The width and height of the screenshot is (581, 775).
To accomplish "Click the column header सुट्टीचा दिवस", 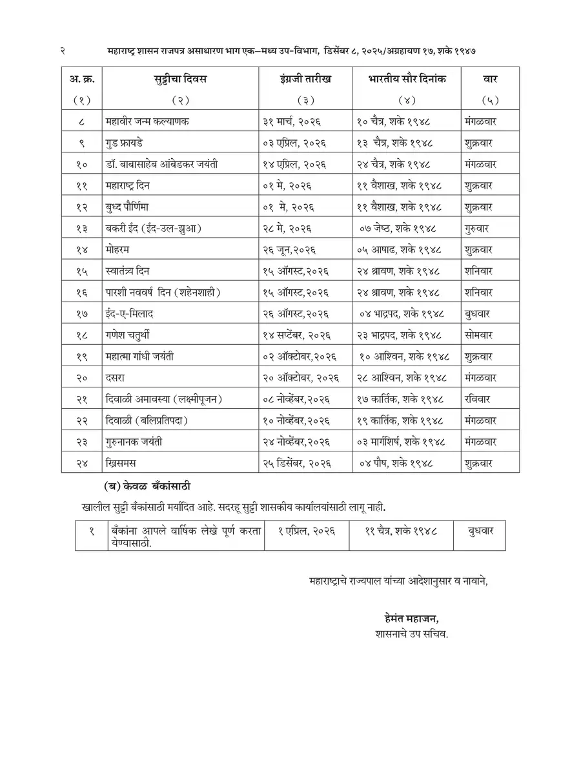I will tap(180, 79).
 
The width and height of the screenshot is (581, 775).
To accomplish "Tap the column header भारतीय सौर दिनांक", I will tap(407, 79).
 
